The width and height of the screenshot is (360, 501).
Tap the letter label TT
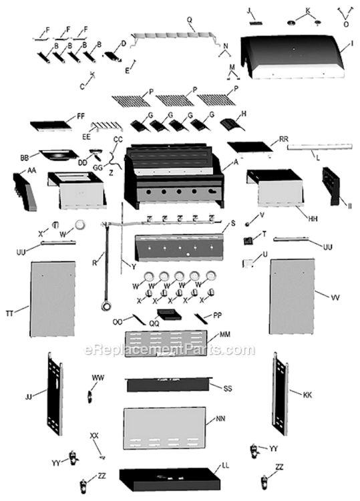pos(9,313)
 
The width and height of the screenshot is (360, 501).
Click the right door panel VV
pos(293,299)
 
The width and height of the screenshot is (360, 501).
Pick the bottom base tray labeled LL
pos(170,478)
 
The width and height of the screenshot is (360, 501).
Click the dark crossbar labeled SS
pos(168,384)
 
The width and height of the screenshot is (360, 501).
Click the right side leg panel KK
pos(280,391)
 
